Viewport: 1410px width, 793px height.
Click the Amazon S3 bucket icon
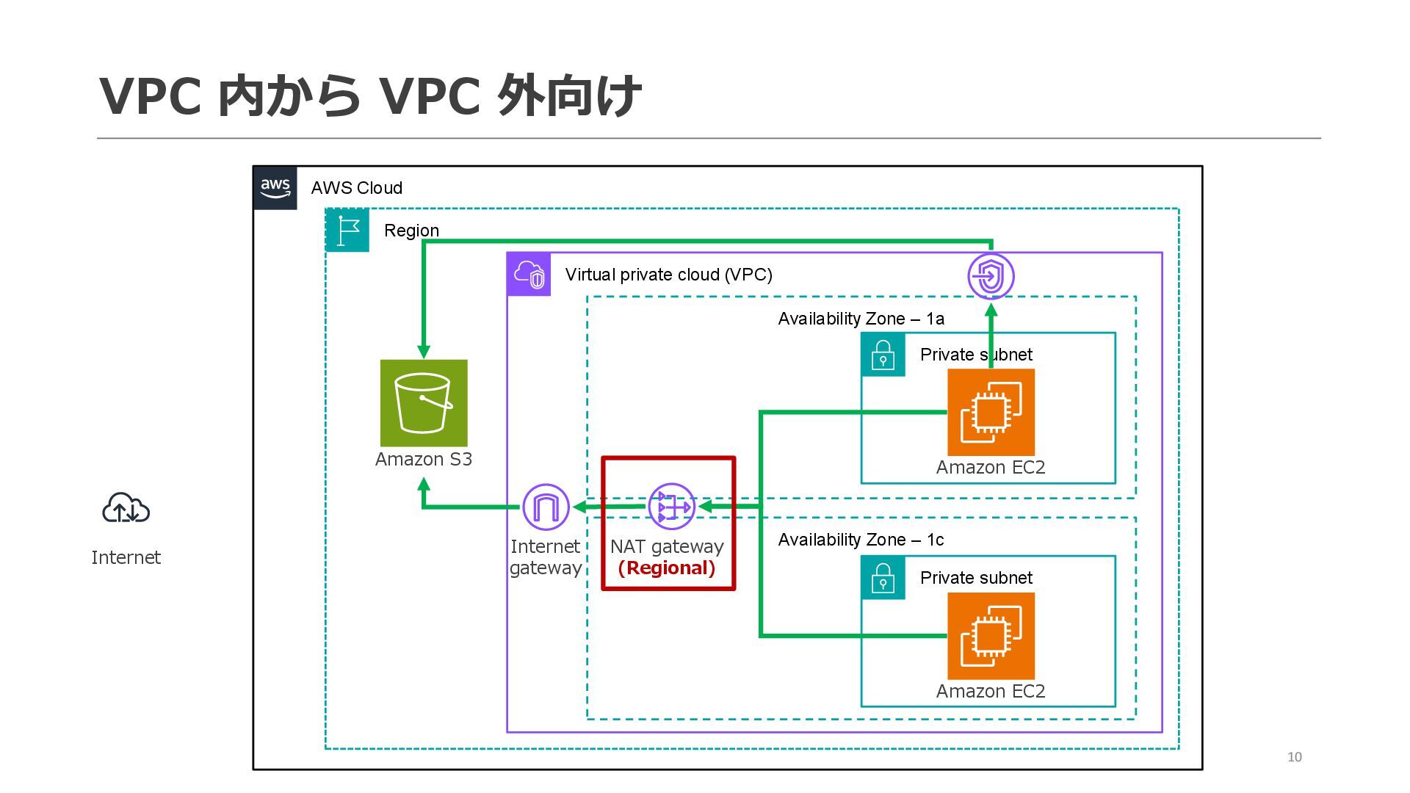click(424, 403)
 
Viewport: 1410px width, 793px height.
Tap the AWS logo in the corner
click(275, 188)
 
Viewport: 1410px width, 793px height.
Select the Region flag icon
click(347, 231)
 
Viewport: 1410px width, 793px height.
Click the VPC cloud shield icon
click(529, 275)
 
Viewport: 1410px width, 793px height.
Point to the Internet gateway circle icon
click(546, 507)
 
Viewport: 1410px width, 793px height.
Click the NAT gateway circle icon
click(671, 507)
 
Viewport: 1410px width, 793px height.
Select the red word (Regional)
click(667, 568)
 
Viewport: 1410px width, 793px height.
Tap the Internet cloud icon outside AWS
click(126, 508)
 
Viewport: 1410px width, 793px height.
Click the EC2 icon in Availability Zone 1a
click(991, 413)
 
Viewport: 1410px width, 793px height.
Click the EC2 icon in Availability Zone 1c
click(991, 636)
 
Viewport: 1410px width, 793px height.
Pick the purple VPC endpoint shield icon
click(991, 277)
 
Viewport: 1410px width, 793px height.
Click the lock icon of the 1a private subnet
click(883, 355)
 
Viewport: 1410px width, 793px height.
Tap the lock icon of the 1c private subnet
click(883, 578)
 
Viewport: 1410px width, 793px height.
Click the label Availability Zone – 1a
click(861, 319)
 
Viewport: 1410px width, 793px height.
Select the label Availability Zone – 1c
click(861, 540)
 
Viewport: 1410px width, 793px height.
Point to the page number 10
click(1294, 757)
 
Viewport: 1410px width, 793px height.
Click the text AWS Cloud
click(356, 188)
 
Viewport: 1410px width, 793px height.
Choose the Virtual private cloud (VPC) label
click(668, 275)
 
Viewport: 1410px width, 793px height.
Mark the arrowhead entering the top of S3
click(424, 351)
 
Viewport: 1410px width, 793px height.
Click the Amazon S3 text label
click(424, 460)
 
